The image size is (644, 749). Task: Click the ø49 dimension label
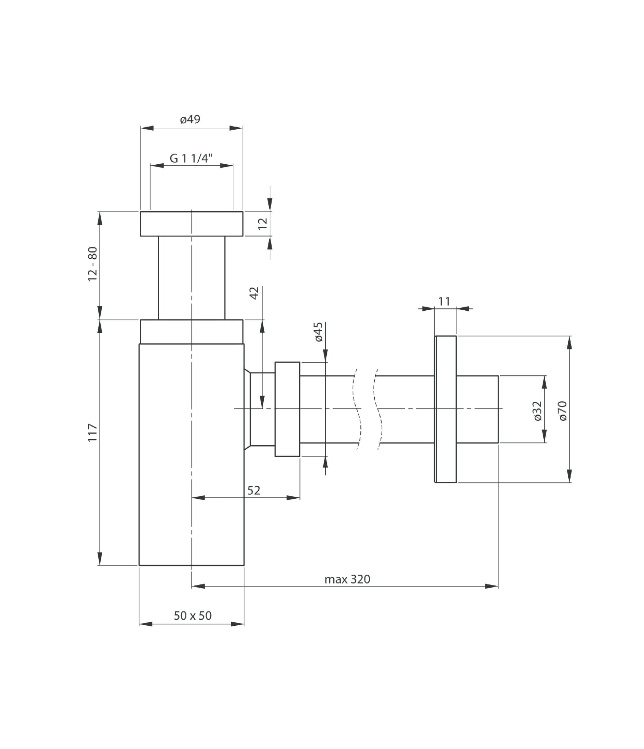coord(190,120)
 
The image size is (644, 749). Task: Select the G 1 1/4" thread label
coord(191,158)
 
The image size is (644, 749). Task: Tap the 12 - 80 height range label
coord(93,264)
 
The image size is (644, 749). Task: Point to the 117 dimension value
coord(93,432)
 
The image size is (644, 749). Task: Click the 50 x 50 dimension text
coord(192,616)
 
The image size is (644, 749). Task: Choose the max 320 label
coord(347,579)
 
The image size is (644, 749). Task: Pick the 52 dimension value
coord(254,490)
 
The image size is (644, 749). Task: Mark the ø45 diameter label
coord(319,332)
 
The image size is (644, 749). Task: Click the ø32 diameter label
coord(537,411)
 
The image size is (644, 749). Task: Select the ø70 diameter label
coord(563,411)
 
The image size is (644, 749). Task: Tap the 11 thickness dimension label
coord(444,302)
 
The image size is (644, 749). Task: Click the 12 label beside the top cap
coord(263,224)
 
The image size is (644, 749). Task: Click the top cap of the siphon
coord(191,224)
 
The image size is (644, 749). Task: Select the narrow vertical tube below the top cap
coord(191,278)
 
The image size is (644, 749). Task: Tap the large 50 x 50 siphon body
coord(191,454)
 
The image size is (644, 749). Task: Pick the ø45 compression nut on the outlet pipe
coord(287,409)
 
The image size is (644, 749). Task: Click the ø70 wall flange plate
coord(445,409)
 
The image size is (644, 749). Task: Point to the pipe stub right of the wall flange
coord(477,409)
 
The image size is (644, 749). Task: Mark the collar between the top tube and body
coord(191,332)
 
